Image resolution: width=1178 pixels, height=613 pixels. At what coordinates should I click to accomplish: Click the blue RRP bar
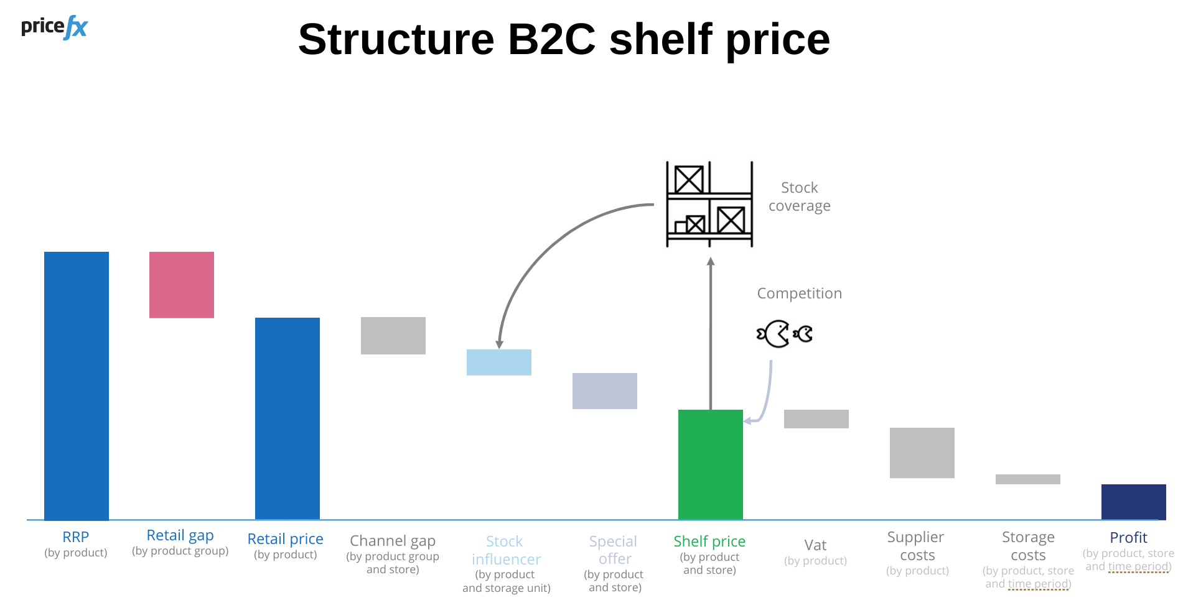(x=77, y=385)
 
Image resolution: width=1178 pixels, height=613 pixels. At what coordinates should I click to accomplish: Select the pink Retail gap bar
(x=182, y=285)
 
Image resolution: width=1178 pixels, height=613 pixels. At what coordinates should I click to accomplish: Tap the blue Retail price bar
(x=287, y=418)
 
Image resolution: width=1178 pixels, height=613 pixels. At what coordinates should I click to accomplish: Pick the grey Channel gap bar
(x=393, y=336)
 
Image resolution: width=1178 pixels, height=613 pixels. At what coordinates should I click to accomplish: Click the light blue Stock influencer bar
(x=499, y=362)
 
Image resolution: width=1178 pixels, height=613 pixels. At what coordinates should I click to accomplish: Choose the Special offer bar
(x=605, y=391)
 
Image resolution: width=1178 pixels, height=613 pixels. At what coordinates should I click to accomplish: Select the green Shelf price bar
(x=711, y=464)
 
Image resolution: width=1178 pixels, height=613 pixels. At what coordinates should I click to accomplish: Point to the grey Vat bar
(x=816, y=419)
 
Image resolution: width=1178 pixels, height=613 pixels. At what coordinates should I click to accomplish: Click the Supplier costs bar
(x=922, y=453)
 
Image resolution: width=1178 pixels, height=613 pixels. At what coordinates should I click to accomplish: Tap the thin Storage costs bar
(x=1028, y=479)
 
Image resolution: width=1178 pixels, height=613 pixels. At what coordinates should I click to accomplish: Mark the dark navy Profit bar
(x=1134, y=502)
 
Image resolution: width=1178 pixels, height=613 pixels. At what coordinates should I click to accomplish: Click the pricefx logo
(x=55, y=27)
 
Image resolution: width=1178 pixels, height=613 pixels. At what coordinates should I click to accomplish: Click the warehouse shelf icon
(x=709, y=204)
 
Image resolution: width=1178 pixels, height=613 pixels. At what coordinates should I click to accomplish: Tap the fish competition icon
(x=785, y=334)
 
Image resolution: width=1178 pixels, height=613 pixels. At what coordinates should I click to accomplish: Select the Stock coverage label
(x=800, y=196)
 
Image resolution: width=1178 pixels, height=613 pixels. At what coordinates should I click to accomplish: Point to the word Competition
(x=800, y=293)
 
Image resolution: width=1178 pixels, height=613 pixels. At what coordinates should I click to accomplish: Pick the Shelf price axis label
(x=709, y=542)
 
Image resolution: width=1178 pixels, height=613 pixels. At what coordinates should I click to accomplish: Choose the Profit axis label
(x=1128, y=538)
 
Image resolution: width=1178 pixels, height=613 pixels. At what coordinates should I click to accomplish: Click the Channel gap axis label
(x=393, y=541)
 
